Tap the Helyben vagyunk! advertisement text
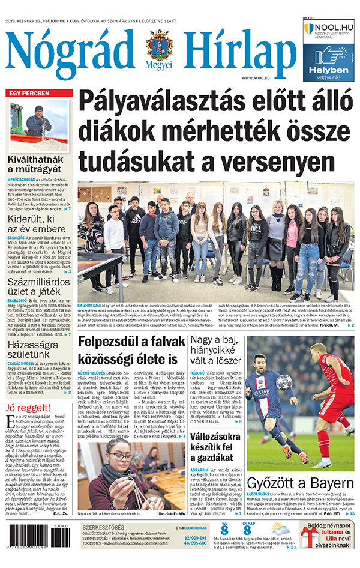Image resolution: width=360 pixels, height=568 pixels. coord(329,73)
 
